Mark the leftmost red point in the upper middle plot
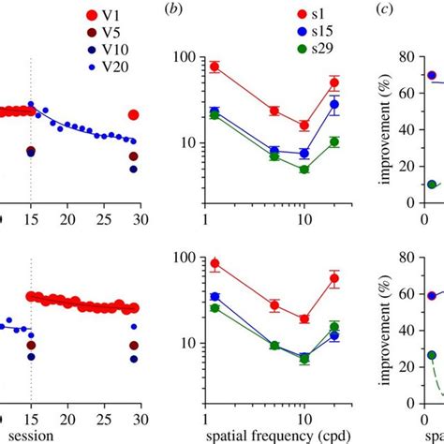click(x=215, y=67)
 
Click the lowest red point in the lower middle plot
click(x=303, y=318)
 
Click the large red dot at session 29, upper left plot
click(x=133, y=114)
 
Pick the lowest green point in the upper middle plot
click(x=303, y=170)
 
